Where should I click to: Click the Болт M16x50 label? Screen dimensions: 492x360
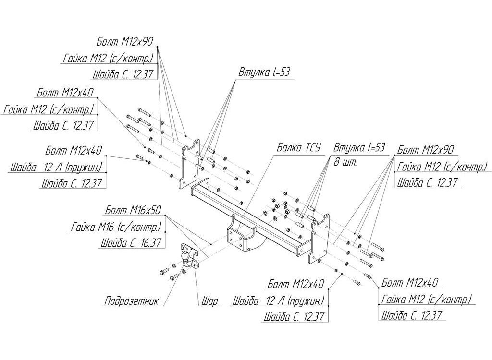(133, 210)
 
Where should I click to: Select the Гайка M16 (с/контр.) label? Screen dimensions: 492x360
(117, 227)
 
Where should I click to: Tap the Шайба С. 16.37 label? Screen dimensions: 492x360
(131, 242)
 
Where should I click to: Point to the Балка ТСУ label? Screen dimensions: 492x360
(299, 147)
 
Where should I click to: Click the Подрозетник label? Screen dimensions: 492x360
(132, 301)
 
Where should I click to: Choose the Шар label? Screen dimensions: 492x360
(209, 301)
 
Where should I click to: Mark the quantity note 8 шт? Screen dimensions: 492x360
(345, 163)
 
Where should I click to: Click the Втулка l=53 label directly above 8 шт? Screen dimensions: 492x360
(359, 147)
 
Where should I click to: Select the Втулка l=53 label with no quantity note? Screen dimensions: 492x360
(265, 72)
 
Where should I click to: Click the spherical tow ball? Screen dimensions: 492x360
(185, 257)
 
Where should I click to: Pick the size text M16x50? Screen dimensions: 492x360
(146, 210)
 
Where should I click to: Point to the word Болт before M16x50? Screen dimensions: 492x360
(116, 210)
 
